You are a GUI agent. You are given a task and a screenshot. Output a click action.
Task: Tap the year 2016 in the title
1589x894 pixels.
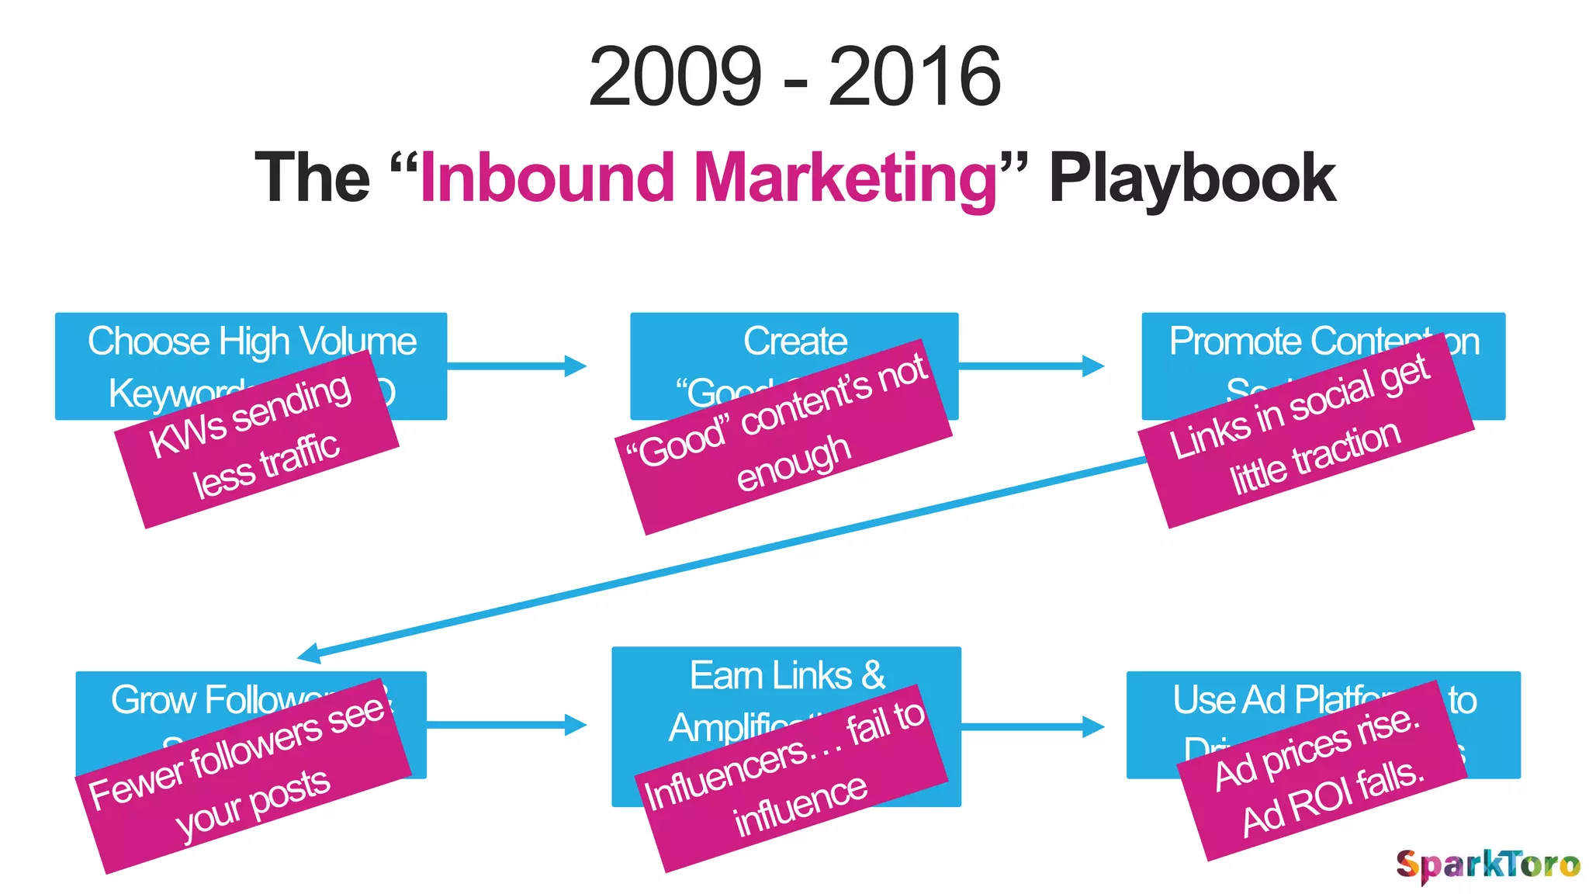(x=915, y=77)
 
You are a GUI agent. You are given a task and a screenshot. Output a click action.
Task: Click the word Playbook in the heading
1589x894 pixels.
(x=1192, y=178)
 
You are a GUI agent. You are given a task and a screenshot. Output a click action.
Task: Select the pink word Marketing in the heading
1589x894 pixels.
(x=846, y=178)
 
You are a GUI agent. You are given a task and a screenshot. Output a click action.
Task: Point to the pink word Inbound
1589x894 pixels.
(x=547, y=178)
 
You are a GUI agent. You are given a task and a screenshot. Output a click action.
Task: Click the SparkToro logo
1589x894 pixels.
(x=1487, y=864)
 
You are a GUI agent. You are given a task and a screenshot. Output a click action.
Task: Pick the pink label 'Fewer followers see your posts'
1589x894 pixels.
(x=243, y=776)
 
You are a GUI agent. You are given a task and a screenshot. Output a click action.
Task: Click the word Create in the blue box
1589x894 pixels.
(x=794, y=341)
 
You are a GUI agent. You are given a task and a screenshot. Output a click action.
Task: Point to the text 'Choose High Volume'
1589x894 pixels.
(x=251, y=341)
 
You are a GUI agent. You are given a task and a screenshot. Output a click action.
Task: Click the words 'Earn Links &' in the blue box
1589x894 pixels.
(x=787, y=675)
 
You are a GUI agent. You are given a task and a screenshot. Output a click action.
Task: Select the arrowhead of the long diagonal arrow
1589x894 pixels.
(x=310, y=654)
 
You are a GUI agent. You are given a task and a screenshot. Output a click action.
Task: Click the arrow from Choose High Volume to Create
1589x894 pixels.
(x=516, y=366)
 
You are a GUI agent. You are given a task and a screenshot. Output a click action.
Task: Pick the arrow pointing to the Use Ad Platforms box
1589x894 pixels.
(x=1032, y=726)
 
